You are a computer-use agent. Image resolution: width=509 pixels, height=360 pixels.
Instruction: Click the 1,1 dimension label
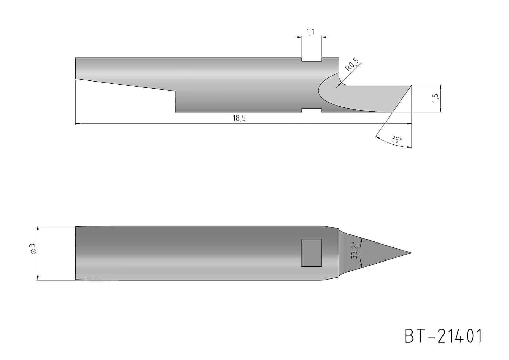click(310, 32)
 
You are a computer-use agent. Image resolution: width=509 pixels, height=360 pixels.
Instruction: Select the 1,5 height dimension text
click(435, 98)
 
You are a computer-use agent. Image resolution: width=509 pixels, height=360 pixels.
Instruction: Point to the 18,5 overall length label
click(239, 118)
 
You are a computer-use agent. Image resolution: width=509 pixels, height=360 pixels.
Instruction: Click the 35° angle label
click(397, 139)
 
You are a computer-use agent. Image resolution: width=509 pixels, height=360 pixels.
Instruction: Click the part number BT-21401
click(443, 336)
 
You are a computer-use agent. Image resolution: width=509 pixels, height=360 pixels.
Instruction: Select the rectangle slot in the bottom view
click(312, 253)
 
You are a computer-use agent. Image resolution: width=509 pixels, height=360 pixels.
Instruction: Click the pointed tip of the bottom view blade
click(411, 253)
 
